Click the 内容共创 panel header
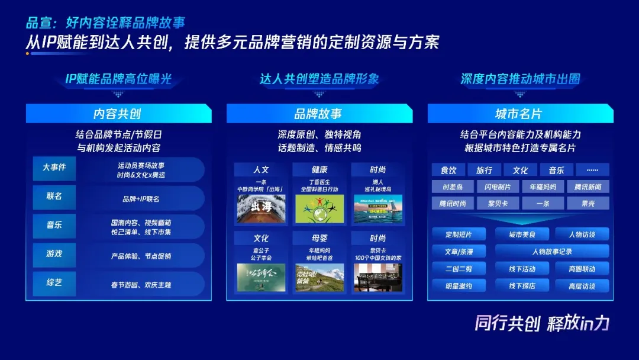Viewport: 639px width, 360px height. click(118, 114)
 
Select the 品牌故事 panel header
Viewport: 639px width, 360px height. click(319, 114)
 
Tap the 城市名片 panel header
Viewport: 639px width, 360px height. click(519, 114)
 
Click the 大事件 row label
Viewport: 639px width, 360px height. click(54, 168)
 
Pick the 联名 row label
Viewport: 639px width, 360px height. click(54, 196)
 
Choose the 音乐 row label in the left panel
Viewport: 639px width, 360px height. click(54, 225)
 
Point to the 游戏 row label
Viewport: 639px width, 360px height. click(54, 253)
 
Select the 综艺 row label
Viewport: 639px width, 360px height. click(54, 282)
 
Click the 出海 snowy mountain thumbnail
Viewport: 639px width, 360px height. click(261, 208)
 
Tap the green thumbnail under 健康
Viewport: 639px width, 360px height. click(319, 208)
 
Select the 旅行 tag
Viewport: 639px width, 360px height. click(484, 171)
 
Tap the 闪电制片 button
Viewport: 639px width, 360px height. click(498, 187)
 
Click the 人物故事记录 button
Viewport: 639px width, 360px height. click(551, 252)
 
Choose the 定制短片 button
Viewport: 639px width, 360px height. click(459, 234)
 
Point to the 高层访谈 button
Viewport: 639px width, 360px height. click(582, 286)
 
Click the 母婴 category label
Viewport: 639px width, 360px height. click(319, 238)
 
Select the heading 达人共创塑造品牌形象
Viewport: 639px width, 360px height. click(319, 79)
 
